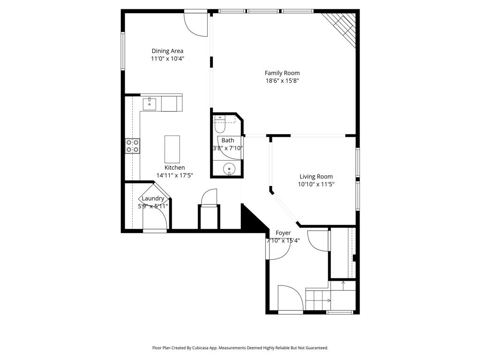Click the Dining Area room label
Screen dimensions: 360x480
pos(167,51)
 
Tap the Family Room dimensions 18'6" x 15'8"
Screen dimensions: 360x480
pos(282,81)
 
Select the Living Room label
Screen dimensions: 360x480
pos(316,177)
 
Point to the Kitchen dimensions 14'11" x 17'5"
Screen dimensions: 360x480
pos(174,175)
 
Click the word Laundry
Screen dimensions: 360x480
pos(153,198)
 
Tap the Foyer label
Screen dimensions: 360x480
pos(283,233)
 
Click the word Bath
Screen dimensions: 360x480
pos(228,140)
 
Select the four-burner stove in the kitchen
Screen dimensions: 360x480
pos(132,146)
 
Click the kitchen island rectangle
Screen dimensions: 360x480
pos(172,148)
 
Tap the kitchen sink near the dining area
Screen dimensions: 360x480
pos(149,103)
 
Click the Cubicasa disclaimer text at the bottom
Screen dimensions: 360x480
pos(240,348)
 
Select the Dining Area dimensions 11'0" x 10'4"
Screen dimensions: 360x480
pos(167,59)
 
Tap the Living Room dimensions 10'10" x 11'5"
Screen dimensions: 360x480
pos(316,184)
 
